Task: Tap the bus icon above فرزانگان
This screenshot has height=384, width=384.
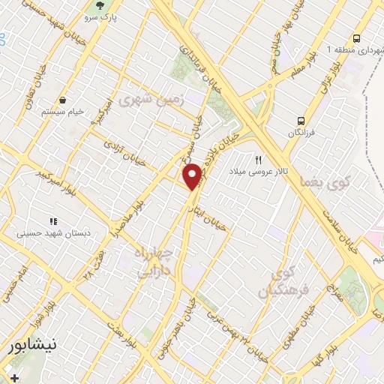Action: (301, 120)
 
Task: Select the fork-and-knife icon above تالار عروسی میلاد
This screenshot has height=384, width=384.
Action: (259, 159)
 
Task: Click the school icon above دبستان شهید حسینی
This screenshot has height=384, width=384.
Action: (52, 221)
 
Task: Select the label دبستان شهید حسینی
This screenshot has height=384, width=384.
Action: (52, 233)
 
